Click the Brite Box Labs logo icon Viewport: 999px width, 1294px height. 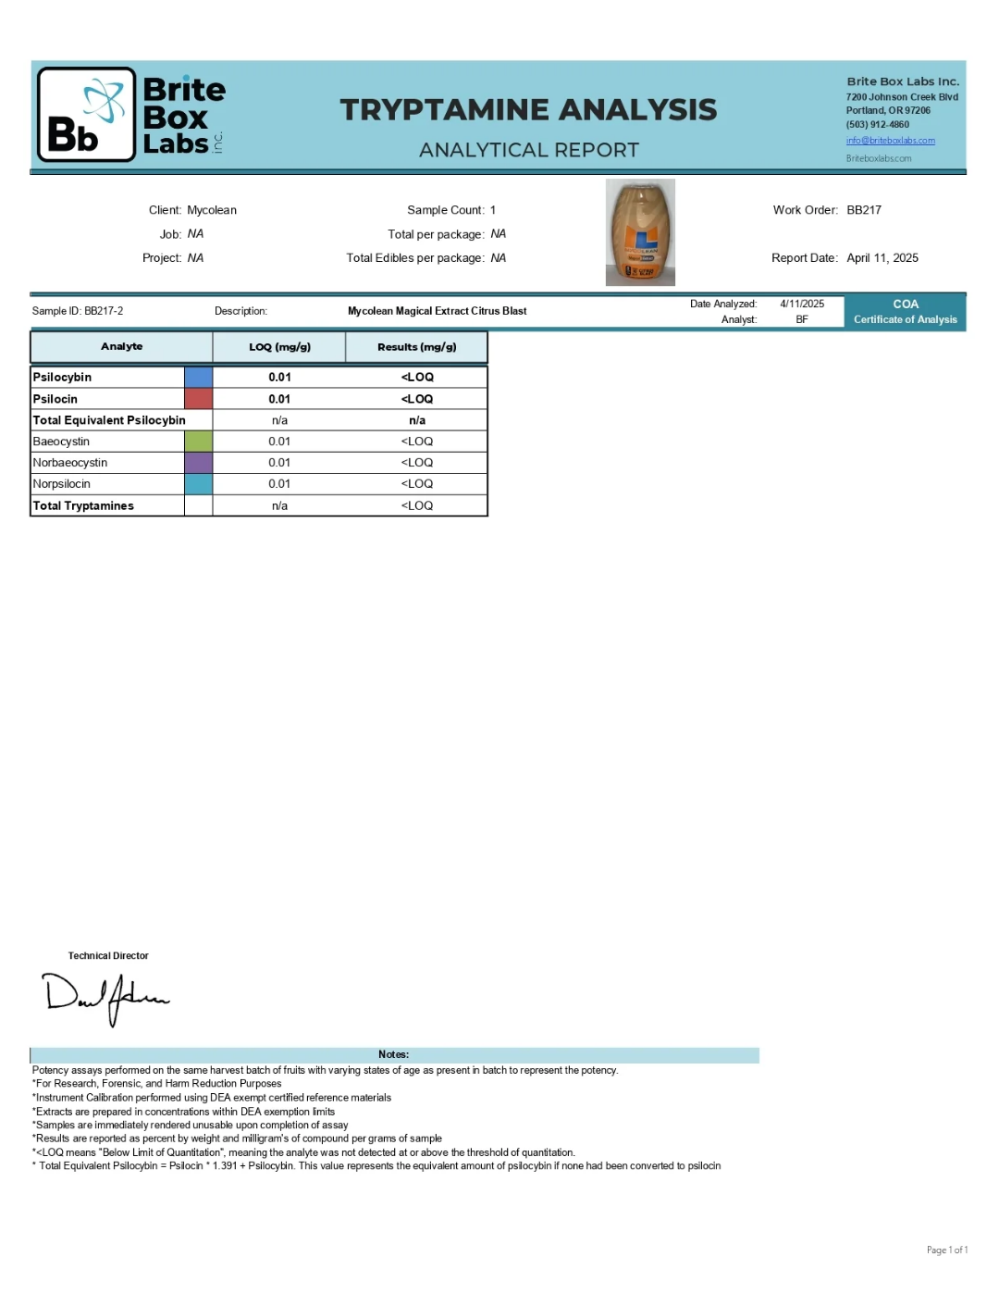(87, 115)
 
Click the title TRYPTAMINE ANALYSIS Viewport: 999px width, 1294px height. (528, 110)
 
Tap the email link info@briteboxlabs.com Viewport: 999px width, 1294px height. (890, 141)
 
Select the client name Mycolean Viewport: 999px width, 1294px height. (212, 210)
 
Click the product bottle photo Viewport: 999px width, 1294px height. (640, 232)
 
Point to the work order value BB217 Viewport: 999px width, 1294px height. (864, 210)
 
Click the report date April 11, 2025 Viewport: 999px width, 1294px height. (882, 258)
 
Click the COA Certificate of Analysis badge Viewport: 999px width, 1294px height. (905, 312)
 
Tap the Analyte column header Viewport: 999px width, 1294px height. (121, 347)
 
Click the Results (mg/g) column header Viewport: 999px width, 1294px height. (416, 347)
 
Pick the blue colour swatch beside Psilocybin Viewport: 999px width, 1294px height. (198, 377)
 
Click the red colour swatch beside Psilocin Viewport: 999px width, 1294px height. (198, 399)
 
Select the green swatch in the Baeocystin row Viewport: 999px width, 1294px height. (198, 442)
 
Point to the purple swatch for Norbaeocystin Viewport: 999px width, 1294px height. (198, 463)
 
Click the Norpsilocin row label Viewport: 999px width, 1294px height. (62, 484)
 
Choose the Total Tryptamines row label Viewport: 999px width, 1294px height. (83, 505)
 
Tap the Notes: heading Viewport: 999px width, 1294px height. (393, 1054)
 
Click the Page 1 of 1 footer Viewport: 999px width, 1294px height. (946, 1250)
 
